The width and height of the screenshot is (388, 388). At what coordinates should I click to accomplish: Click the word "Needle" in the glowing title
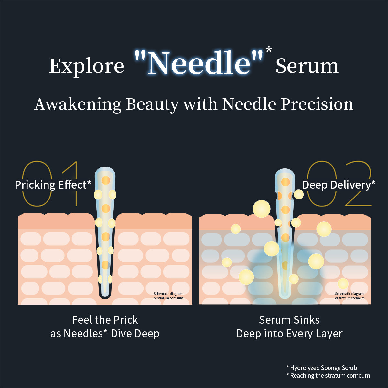coord(199,63)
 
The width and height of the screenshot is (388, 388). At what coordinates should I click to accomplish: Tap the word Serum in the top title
coord(307,66)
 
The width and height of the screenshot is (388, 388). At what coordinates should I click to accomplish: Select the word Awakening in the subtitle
coord(78,105)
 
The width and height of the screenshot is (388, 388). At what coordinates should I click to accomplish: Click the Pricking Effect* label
coord(53,185)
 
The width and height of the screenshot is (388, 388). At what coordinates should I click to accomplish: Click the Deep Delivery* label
coord(339,185)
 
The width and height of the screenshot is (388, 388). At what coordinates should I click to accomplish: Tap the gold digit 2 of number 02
coord(358,183)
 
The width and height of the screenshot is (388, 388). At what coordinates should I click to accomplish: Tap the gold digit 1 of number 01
coord(71,184)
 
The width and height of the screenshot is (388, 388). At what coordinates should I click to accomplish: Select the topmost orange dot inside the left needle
coord(106,180)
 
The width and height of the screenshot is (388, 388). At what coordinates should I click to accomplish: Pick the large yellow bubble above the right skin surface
coord(262,209)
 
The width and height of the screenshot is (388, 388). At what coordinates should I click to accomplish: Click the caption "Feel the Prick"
coord(105,320)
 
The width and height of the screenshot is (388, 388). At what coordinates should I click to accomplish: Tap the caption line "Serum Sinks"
coord(289,320)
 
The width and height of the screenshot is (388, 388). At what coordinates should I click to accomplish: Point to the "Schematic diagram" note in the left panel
coord(168,294)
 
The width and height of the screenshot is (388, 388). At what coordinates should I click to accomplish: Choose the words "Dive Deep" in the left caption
coord(135,334)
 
